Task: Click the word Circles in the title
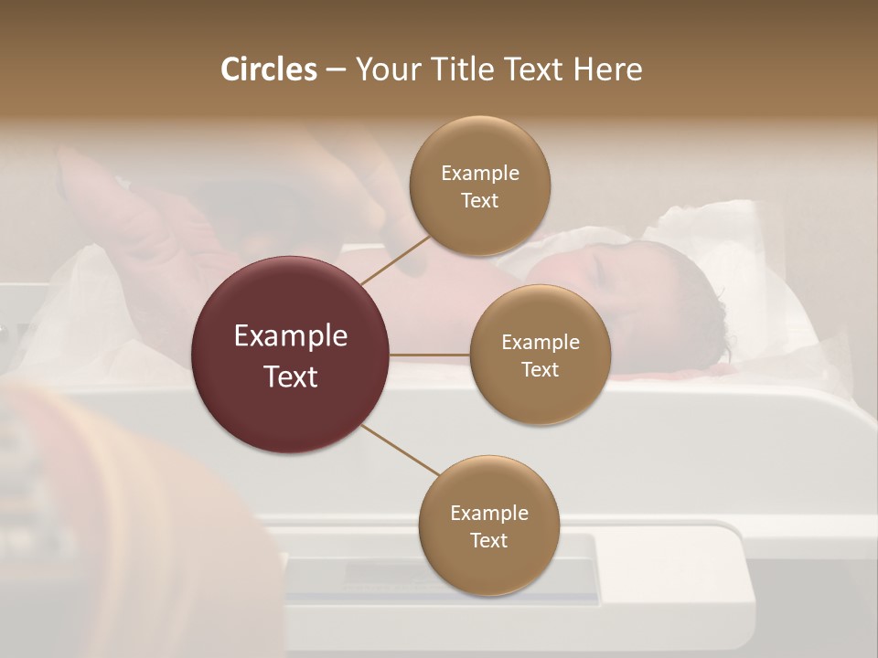[x=269, y=69]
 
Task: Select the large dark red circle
[x=291, y=355]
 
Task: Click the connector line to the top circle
[x=395, y=260]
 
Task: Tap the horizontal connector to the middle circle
[x=430, y=355]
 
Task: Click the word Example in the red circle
[x=291, y=335]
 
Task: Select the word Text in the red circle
[x=291, y=376]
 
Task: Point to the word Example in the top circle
[x=480, y=173]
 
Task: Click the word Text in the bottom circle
[x=488, y=540]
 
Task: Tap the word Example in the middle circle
[x=540, y=342]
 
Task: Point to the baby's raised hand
[x=91, y=183]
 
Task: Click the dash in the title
[x=336, y=70]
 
